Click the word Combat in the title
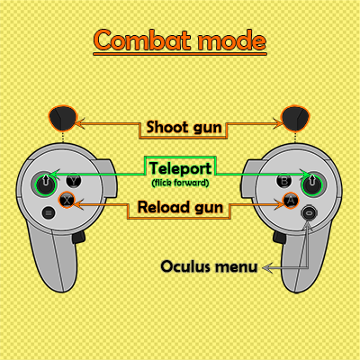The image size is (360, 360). coord(142,40)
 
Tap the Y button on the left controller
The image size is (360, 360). coord(74,181)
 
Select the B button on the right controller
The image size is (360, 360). coord(283,181)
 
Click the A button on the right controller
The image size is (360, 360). coord(291,200)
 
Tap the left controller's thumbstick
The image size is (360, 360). coord(45,184)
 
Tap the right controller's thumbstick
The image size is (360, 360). coord(312,184)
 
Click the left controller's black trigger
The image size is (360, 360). coord(63,118)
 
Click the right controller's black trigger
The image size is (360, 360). coord(295,118)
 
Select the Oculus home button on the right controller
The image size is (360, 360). coord(309,213)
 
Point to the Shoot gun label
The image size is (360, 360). coord(184,127)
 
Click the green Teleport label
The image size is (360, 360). coord(180,168)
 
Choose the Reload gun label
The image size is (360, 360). coord(180,207)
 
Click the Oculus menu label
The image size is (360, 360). coord(209,266)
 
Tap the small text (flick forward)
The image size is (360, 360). coord(180,183)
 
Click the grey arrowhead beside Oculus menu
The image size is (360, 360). coord(267,267)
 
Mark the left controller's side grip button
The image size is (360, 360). coord(78,238)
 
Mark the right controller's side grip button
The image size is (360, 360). coord(279,238)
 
